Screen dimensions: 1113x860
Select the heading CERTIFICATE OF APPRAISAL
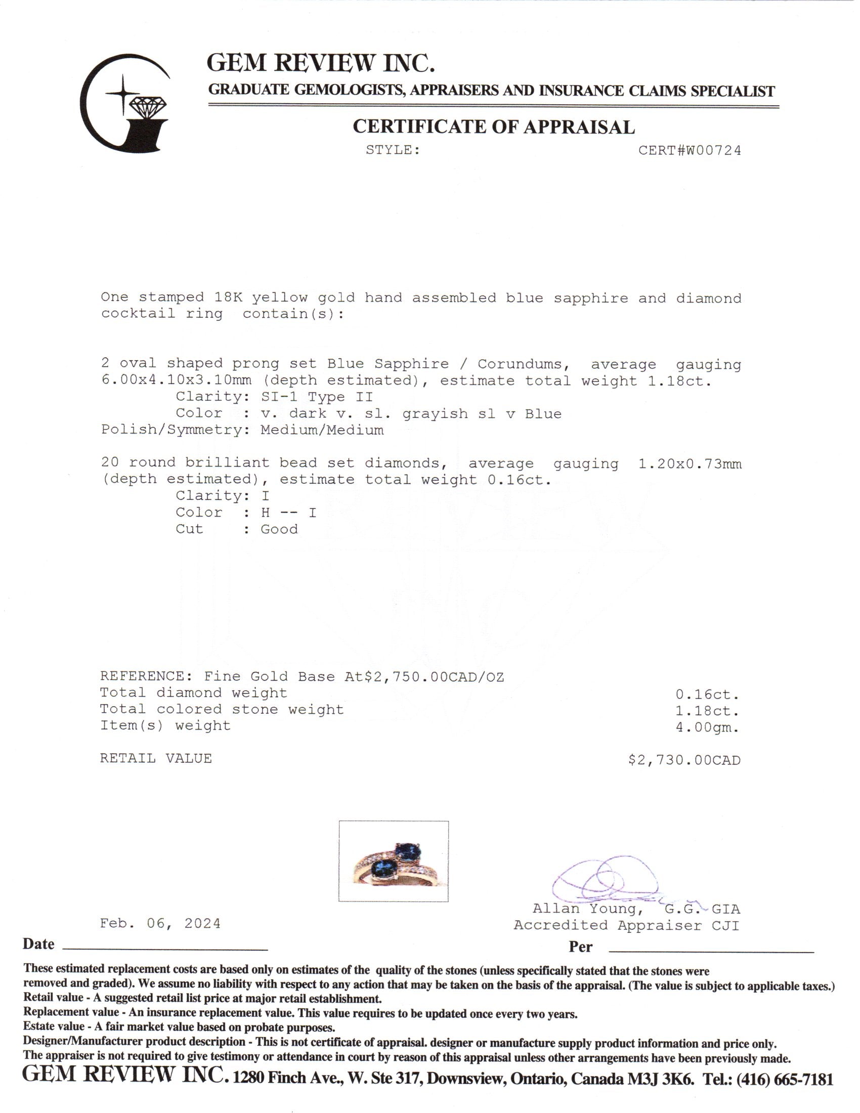[494, 127]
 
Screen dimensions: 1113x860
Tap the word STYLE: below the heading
[393, 150]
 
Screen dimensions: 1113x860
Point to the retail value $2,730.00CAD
[684, 760]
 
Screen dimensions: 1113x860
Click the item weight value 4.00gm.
[707, 727]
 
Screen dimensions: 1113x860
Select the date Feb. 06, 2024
[160, 923]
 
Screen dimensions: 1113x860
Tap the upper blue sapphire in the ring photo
[408, 850]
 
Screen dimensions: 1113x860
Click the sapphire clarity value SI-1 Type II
[317, 397]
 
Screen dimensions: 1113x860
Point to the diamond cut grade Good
[279, 529]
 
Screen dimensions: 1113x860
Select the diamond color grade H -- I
[288, 512]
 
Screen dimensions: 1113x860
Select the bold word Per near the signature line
[580, 947]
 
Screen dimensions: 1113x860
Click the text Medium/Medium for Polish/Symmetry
[322, 430]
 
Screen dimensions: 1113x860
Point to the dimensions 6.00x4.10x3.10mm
[176, 380]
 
